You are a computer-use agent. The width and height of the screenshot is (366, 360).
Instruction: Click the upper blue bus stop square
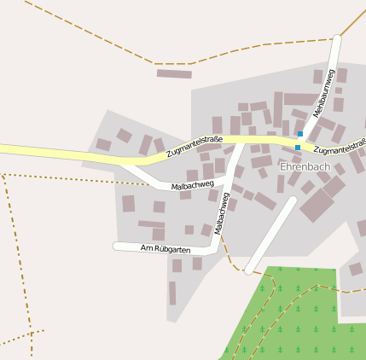[x=300, y=133]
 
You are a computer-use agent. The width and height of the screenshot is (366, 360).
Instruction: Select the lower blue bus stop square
[x=297, y=148]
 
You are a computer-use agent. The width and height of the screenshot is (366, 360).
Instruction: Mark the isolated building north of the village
[x=174, y=74]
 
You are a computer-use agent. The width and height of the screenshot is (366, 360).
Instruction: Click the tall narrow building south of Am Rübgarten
[x=172, y=293]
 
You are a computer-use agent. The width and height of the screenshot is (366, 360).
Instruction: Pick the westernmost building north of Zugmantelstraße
[x=103, y=144]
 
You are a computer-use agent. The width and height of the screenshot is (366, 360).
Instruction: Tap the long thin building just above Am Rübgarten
[x=152, y=224]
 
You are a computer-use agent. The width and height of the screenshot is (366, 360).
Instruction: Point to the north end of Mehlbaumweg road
[x=339, y=39]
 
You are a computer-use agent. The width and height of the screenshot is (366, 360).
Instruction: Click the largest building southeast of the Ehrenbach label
[x=317, y=205]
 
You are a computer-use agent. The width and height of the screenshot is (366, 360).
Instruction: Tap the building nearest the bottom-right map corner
[x=356, y=270]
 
